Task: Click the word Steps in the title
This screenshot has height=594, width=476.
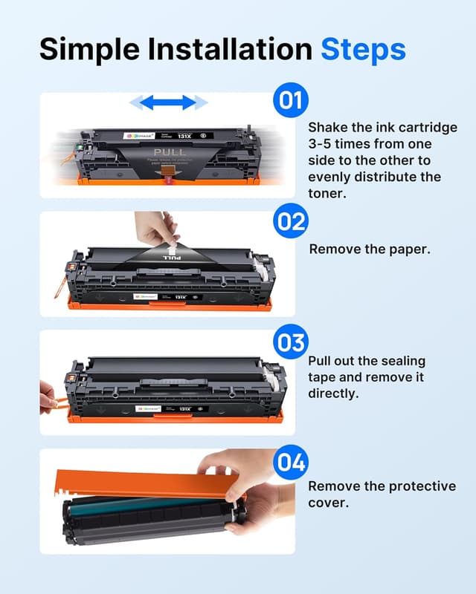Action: pos(363,50)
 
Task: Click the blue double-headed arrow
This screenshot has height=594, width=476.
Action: pos(168,102)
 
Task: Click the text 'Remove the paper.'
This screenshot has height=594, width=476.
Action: pos(369,249)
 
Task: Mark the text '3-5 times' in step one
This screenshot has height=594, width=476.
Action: pos(337,144)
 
